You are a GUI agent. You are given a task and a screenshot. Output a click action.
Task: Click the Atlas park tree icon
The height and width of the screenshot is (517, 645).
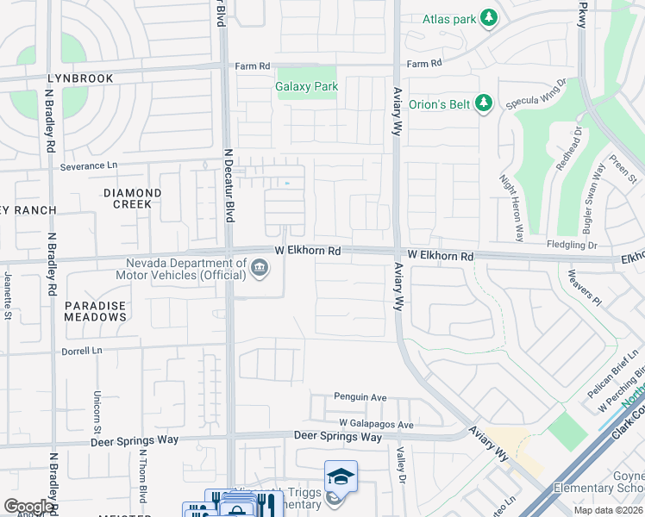click(490, 18)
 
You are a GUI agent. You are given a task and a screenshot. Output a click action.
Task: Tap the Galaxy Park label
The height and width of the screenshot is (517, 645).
click(306, 86)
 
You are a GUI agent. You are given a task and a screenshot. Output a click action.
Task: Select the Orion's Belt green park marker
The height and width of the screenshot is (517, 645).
click(483, 104)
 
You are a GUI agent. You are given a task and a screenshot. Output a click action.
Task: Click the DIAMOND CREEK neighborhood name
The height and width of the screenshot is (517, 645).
click(133, 198)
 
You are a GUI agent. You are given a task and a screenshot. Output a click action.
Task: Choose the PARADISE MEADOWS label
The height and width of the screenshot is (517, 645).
click(95, 311)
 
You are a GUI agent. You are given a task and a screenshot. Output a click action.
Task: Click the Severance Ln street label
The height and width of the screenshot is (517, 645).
click(87, 165)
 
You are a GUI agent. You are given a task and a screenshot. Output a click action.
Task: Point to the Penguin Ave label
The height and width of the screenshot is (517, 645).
click(360, 398)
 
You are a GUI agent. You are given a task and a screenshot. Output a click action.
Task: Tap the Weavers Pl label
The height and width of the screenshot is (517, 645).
click(584, 287)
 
